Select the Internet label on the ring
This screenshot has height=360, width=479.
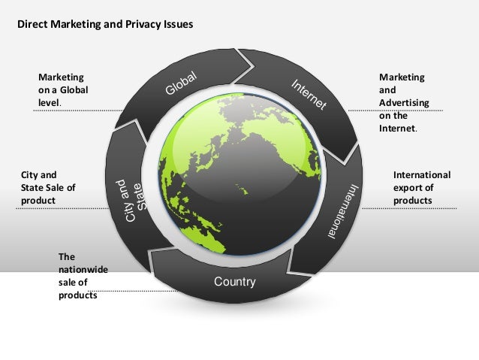click(x=308, y=95)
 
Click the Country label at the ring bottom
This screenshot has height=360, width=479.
click(x=235, y=283)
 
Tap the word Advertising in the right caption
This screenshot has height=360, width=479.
click(x=405, y=102)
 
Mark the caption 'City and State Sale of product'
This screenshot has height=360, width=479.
click(x=48, y=188)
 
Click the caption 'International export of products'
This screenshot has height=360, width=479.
click(x=421, y=188)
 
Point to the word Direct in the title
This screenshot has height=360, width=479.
click(x=32, y=24)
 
